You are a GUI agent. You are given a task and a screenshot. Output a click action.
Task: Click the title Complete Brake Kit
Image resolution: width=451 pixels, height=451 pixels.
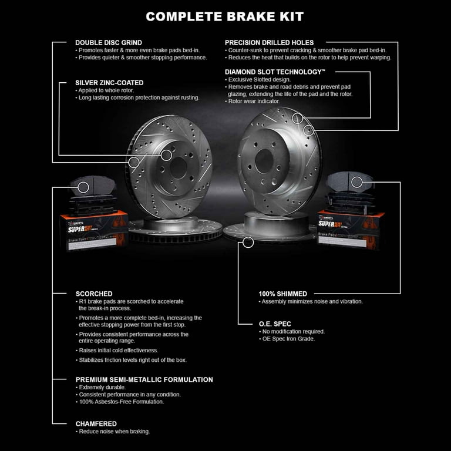(x=225, y=16)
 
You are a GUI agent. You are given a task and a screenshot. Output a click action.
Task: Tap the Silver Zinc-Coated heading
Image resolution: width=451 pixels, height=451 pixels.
(x=109, y=83)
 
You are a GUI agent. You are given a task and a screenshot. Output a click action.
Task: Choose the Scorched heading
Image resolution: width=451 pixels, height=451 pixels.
(x=94, y=294)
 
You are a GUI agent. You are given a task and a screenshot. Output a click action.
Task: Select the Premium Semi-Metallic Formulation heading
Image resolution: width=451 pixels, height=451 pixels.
(x=144, y=380)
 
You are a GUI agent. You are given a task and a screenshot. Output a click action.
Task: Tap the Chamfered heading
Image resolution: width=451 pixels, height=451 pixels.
(x=96, y=423)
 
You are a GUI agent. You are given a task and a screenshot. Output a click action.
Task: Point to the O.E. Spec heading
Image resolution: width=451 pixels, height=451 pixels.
(x=275, y=324)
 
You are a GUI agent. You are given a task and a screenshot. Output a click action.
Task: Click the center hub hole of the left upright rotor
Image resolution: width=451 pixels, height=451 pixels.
(x=167, y=155)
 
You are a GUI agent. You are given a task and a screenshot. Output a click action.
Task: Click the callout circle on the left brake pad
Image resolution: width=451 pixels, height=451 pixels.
(x=83, y=187)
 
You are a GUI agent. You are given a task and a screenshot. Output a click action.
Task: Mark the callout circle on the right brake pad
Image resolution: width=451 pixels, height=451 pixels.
(x=357, y=182)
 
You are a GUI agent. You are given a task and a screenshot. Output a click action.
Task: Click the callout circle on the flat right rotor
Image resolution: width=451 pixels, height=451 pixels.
(x=248, y=241)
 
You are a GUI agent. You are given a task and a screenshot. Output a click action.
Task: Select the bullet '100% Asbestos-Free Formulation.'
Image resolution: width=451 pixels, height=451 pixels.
(x=120, y=402)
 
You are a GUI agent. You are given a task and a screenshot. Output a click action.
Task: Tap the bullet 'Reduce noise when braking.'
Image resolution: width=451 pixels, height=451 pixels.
(x=112, y=432)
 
